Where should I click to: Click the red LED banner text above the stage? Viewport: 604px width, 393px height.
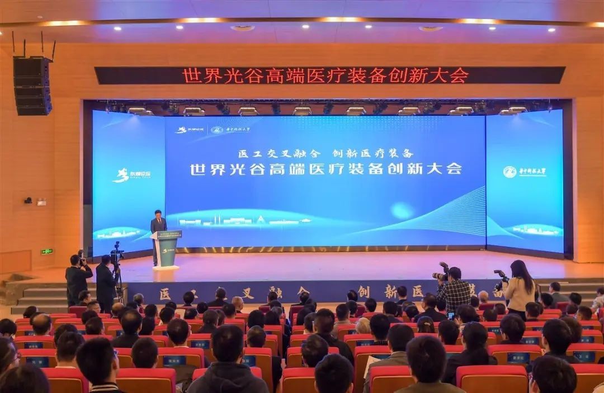click(325, 75)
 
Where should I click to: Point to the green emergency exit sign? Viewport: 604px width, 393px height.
click(47, 252)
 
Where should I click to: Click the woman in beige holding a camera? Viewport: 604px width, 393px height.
click(520, 288)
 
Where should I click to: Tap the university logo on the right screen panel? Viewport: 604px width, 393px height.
click(525, 172)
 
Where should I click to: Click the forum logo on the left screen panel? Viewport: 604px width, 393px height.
click(131, 175)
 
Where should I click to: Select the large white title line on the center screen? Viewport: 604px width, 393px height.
click(325, 169)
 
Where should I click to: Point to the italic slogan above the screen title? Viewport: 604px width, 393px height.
click(325, 153)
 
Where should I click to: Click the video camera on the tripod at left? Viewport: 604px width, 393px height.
click(117, 254)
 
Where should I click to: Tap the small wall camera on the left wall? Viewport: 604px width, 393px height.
click(28, 200)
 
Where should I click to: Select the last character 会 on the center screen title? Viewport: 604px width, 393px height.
click(454, 169)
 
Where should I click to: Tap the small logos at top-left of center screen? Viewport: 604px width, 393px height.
click(199, 130)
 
